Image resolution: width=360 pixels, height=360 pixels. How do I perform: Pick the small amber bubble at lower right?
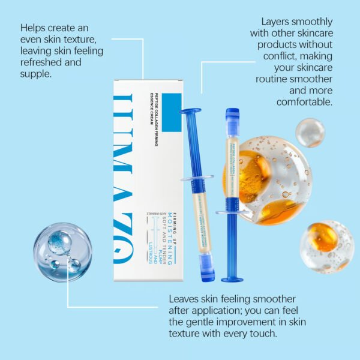tap(325, 247)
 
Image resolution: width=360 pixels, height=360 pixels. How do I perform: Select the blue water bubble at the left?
tap(58, 251)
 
